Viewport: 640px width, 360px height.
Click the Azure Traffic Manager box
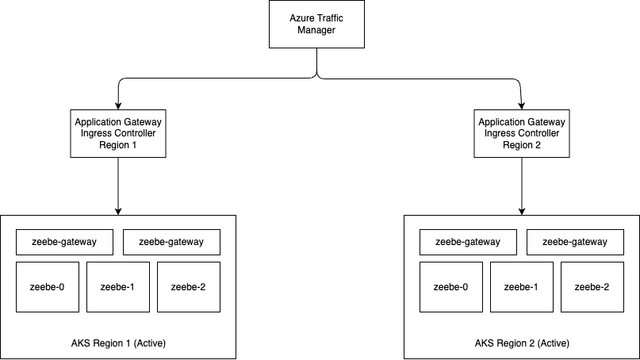(x=316, y=24)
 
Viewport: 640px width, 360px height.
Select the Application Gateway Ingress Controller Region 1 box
(x=118, y=133)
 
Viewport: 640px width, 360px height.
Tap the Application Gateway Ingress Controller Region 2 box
(x=522, y=133)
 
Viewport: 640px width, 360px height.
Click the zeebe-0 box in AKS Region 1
(x=48, y=287)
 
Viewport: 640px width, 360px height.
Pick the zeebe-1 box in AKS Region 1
(x=118, y=287)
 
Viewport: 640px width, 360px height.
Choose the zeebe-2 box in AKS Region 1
(x=189, y=287)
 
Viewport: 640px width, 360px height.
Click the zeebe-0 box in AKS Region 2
(x=451, y=287)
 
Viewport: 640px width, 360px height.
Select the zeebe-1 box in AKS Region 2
(x=522, y=287)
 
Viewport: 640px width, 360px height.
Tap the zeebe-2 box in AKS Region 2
(x=592, y=287)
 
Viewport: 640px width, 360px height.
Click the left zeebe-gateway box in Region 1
(x=64, y=242)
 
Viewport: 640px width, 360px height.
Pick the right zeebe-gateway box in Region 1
(x=171, y=242)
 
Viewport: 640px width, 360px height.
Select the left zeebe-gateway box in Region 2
(x=468, y=242)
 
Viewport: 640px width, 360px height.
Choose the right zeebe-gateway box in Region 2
(x=575, y=242)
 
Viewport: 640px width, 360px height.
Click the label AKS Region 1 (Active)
(x=118, y=343)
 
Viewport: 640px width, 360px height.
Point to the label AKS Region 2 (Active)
(x=522, y=343)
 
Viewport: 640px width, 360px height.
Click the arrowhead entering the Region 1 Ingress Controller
(x=118, y=106)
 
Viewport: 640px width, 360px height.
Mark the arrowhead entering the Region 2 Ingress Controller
(x=521, y=106)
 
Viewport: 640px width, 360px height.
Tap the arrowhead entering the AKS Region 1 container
(x=118, y=212)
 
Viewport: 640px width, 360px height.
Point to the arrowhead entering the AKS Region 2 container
(x=522, y=212)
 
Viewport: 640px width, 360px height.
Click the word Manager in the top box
(x=316, y=30)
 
